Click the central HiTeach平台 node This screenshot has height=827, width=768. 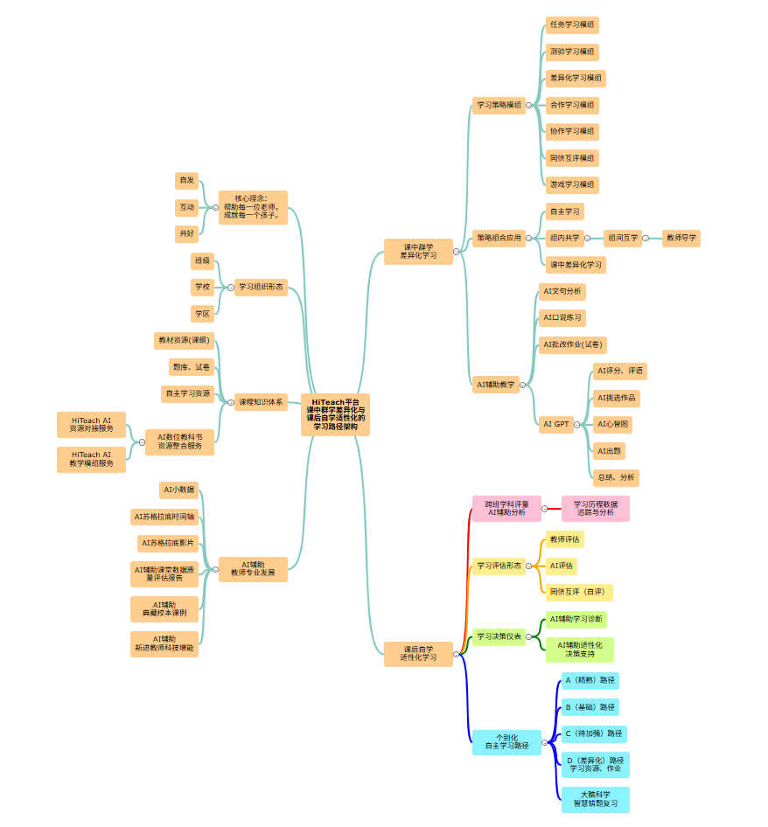point(335,414)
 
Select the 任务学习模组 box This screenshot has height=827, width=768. point(572,25)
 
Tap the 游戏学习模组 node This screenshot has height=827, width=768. point(572,184)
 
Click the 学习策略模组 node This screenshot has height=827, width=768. point(499,105)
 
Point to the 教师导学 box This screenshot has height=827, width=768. point(681,238)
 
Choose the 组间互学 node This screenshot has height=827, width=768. point(622,238)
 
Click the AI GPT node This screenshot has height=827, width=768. point(555,424)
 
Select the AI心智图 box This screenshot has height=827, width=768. point(612,424)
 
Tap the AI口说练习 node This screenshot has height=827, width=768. point(562,317)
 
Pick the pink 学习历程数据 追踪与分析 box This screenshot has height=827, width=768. point(595,509)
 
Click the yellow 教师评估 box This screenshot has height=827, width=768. point(564,539)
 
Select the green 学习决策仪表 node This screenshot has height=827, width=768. point(499,636)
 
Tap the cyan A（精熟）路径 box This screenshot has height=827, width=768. point(590,680)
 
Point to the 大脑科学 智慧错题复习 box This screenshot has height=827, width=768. point(595,799)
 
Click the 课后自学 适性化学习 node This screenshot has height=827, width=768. point(418,654)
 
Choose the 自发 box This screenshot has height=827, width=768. point(186,180)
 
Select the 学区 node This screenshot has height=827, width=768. point(202,313)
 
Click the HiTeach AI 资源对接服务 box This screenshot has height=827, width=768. point(91,425)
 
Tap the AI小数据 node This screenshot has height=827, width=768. point(178,490)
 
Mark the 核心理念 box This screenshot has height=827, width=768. point(252,207)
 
